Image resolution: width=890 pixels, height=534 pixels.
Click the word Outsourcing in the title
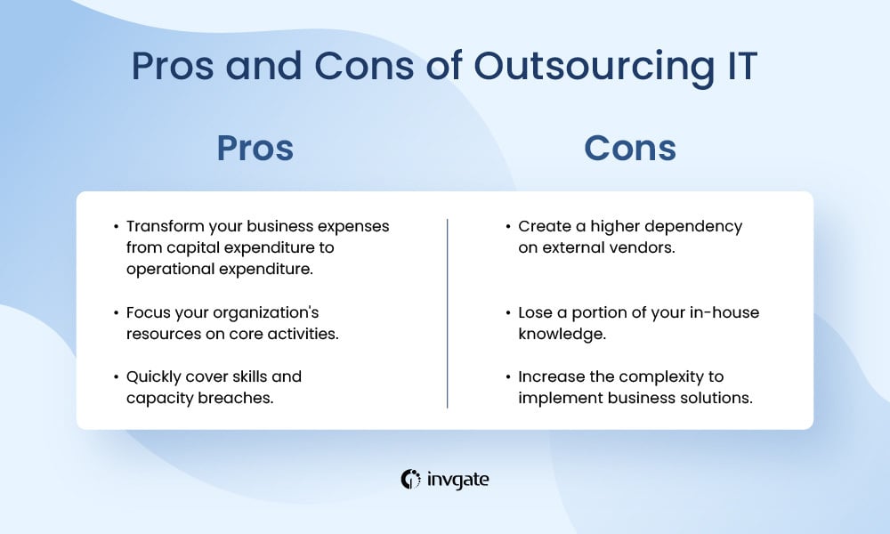click(x=595, y=67)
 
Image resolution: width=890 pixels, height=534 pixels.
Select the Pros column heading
click(x=255, y=148)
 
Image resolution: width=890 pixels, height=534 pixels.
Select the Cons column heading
click(x=630, y=148)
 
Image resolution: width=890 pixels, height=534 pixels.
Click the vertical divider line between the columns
click(x=448, y=313)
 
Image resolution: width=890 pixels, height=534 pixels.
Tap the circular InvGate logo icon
click(x=410, y=480)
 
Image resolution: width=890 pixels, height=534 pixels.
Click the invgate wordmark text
click(x=457, y=480)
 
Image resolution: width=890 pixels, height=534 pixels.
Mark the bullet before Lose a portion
click(x=508, y=312)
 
